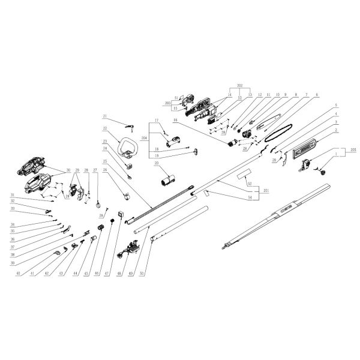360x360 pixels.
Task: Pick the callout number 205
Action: (x=353, y=152)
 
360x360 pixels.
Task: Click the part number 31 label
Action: (x=13, y=196)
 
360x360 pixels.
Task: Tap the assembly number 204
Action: (x=143, y=137)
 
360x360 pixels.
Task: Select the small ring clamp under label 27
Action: (x=97, y=207)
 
